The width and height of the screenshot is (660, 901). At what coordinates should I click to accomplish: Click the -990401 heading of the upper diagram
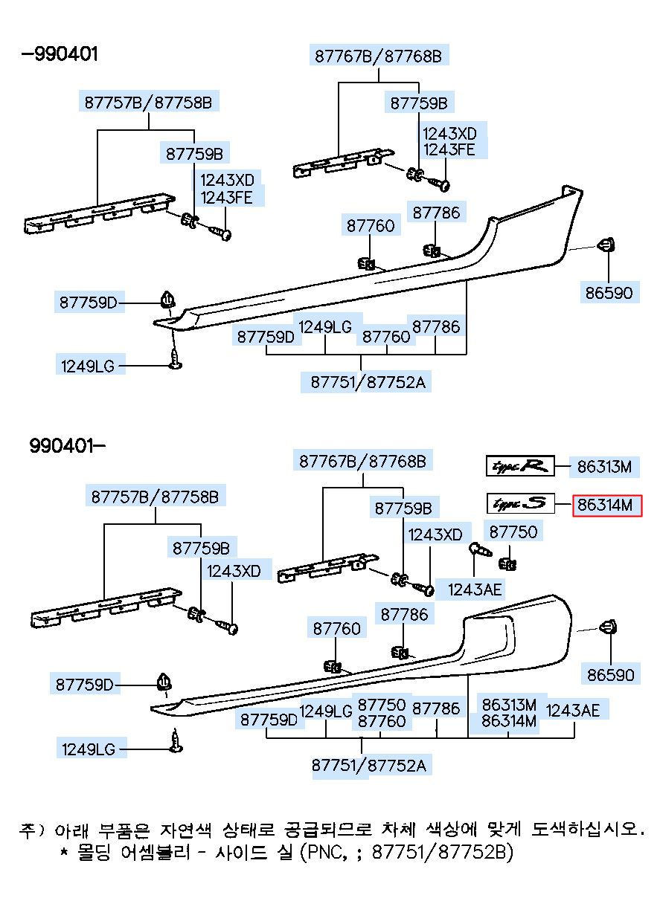(x=60, y=54)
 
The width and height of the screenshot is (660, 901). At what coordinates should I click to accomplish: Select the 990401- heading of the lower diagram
(x=67, y=446)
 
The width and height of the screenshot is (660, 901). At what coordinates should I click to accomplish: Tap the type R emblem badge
(x=520, y=466)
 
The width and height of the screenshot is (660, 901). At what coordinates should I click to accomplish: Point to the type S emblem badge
(x=520, y=503)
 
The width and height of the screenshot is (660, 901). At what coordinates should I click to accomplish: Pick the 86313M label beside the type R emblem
(x=604, y=467)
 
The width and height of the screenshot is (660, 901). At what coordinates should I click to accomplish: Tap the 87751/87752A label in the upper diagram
(x=368, y=382)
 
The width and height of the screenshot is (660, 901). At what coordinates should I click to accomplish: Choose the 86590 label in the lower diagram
(x=610, y=674)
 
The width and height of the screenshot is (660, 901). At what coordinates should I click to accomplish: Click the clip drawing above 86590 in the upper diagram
(x=606, y=245)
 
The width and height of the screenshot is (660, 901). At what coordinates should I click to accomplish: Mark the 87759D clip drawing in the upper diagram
(x=168, y=300)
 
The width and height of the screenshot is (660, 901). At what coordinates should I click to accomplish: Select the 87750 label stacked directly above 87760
(x=382, y=705)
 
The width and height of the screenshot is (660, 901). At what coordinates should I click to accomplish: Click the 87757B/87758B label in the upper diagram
(x=148, y=103)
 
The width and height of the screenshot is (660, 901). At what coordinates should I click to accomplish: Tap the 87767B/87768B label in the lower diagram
(x=362, y=462)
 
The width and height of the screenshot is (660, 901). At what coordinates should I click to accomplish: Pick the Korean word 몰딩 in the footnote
(x=94, y=851)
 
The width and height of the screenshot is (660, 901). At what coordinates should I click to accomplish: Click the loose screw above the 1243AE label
(x=480, y=549)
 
